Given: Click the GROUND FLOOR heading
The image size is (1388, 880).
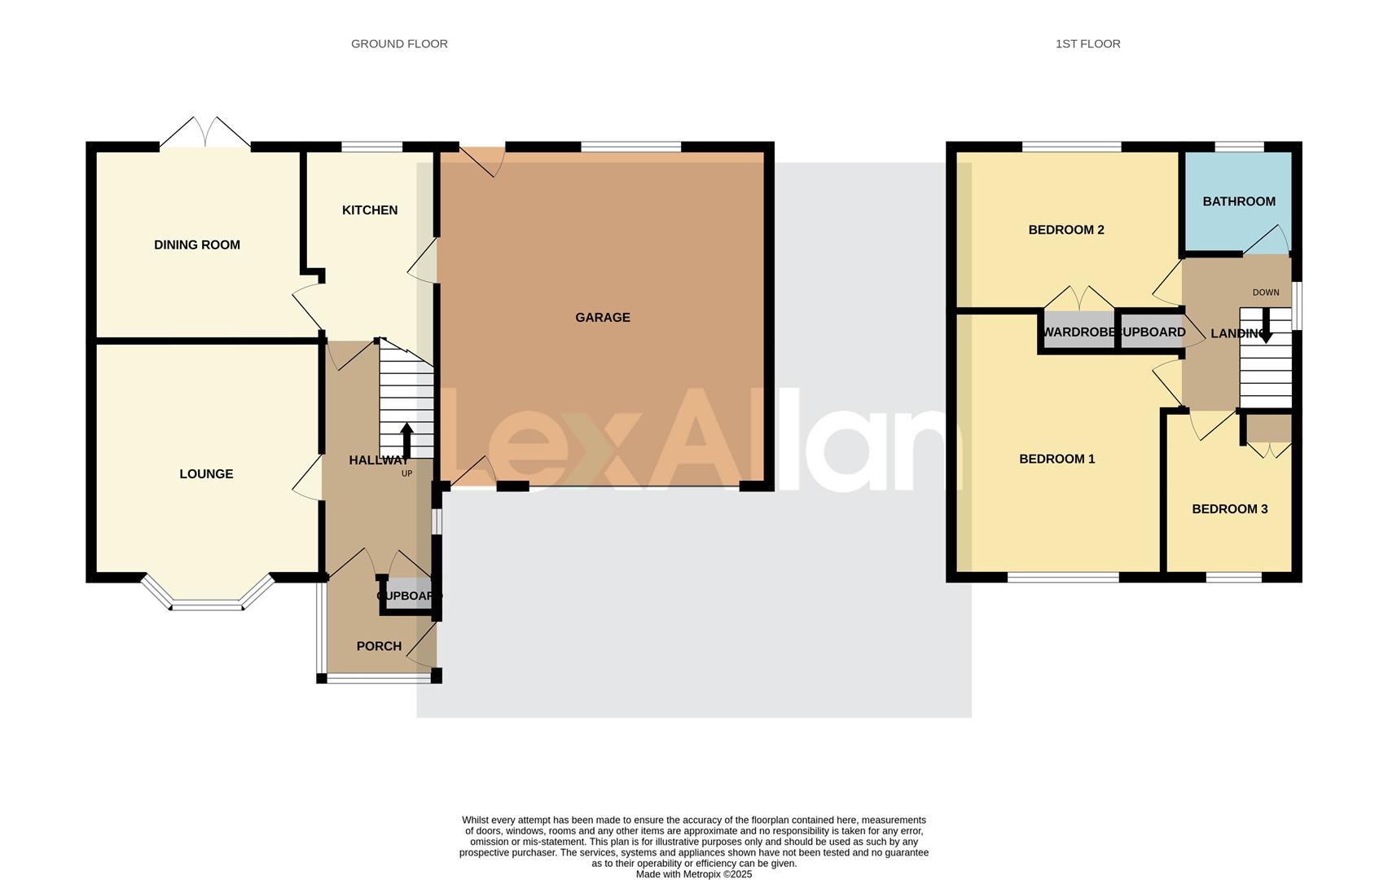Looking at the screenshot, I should click(399, 44).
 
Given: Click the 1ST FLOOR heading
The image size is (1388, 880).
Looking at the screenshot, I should click(1087, 44).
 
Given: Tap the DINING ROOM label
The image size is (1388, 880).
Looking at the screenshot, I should click(197, 244).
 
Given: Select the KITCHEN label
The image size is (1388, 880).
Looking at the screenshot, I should click(370, 210).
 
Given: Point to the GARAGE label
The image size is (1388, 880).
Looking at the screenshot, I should click(603, 318).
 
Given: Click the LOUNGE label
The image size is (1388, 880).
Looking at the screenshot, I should click(206, 474).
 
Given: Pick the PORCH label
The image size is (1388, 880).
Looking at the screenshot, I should click(379, 646).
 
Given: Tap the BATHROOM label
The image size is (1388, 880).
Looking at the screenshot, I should click(1239, 201).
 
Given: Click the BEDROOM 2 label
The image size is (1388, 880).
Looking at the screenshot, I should click(1066, 230).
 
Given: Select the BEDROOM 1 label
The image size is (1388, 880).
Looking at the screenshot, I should click(1057, 459).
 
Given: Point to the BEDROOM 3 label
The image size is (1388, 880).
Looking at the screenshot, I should click(1229, 509).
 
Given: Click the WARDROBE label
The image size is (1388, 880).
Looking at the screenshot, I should click(1078, 332).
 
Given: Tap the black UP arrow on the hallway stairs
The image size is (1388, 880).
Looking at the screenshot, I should click(406, 440).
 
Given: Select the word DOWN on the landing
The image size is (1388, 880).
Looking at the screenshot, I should click(1266, 293).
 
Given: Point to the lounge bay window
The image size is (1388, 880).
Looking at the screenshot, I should click(206, 604).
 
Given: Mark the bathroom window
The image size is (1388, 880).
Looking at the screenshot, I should click(1239, 147).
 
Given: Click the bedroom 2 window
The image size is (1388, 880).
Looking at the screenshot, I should click(1071, 147).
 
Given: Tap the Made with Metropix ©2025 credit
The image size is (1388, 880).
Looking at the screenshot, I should click(694, 874).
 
